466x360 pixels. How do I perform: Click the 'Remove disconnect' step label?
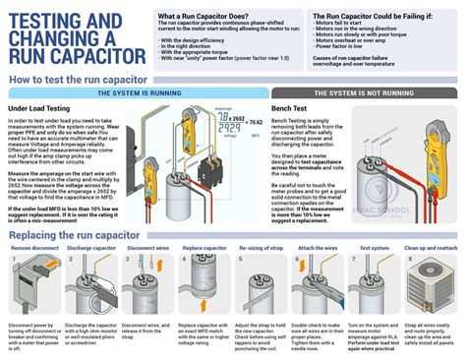click(34, 250)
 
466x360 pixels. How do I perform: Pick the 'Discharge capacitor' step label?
click(91, 250)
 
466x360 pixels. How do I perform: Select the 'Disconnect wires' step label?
click(146, 250)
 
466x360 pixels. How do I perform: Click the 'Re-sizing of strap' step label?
click(263, 250)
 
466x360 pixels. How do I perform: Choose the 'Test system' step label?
click(374, 250)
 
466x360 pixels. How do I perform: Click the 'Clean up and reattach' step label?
click(432, 250)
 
